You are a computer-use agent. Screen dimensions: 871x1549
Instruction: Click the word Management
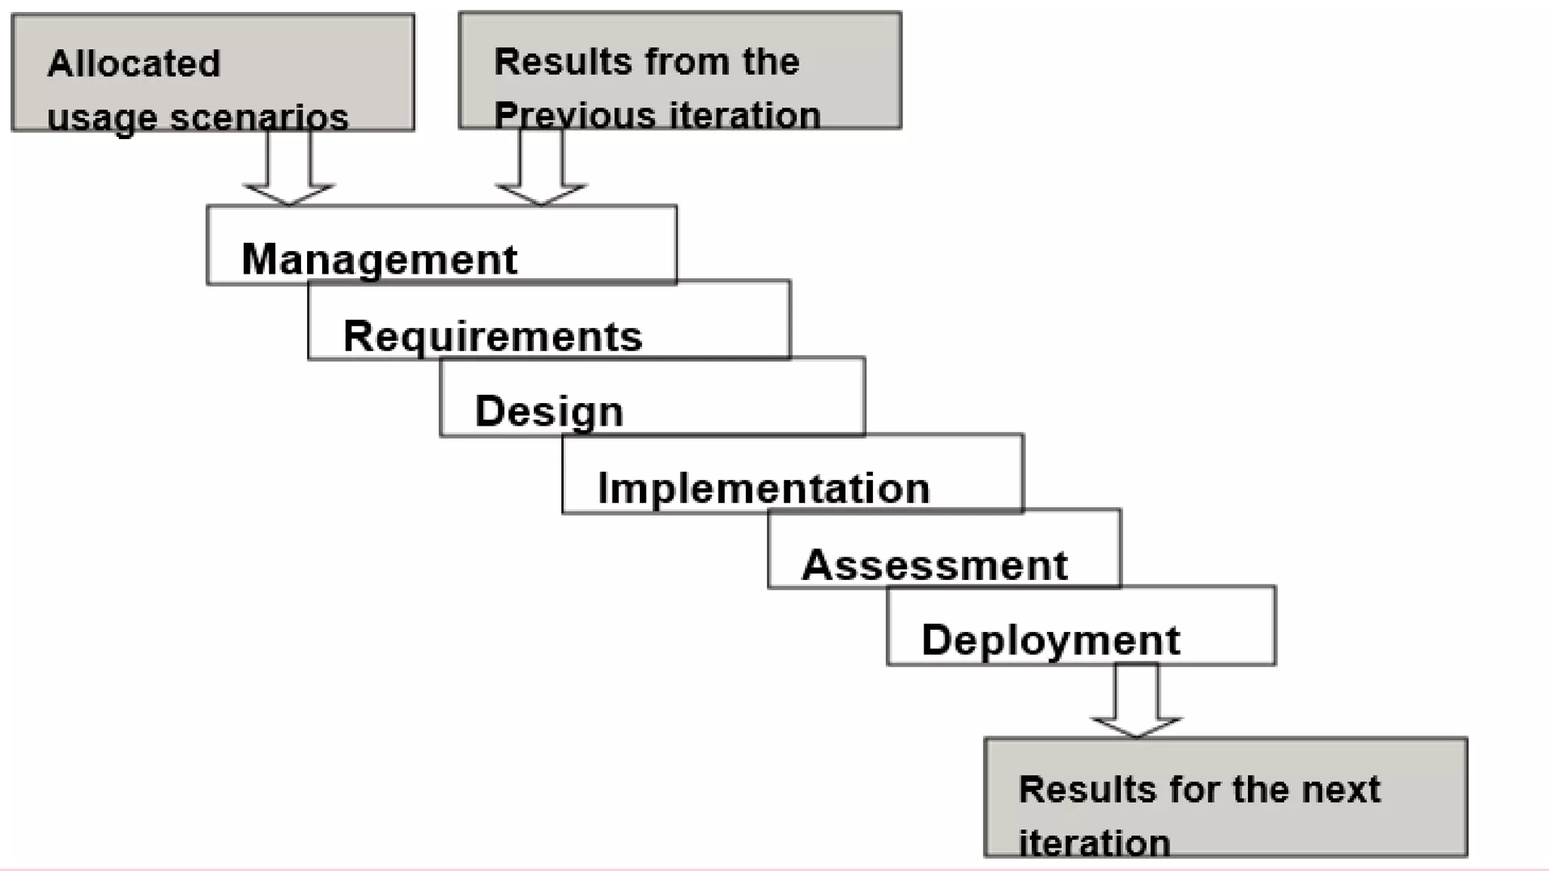click(x=379, y=260)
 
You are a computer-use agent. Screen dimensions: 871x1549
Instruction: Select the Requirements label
click(x=492, y=336)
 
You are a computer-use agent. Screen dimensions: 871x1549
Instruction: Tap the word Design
click(x=549, y=412)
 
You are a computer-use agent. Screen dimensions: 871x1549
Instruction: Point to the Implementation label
click(x=763, y=488)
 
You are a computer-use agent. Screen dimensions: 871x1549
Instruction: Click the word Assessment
click(x=934, y=565)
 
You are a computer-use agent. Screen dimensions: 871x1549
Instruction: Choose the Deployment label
click(x=1051, y=640)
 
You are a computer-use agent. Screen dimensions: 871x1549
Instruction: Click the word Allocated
click(x=134, y=64)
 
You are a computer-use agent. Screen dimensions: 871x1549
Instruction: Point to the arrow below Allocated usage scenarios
click(x=289, y=170)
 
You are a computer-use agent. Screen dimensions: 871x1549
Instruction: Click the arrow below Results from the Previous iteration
click(x=541, y=170)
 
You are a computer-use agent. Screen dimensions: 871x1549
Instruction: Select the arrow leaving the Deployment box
click(x=1136, y=703)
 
